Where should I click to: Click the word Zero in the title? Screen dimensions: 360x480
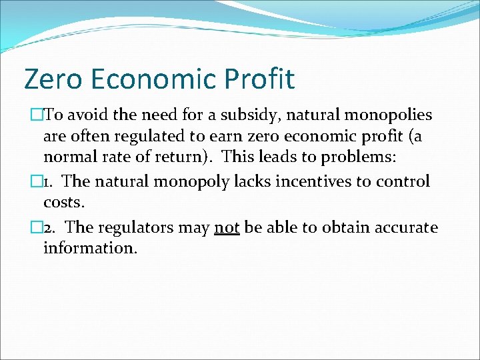tap(54, 79)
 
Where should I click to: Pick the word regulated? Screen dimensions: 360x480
tap(145, 137)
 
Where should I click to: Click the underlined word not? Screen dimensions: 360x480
tap(227, 227)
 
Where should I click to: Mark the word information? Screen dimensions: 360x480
tap(90, 249)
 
